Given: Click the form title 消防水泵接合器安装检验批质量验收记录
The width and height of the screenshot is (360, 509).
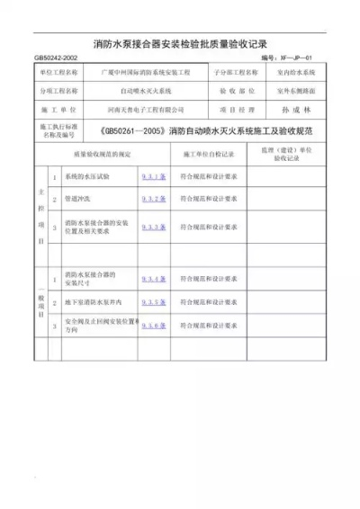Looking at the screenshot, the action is click(180, 44).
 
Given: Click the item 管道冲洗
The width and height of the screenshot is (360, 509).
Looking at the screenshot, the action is click(78, 199).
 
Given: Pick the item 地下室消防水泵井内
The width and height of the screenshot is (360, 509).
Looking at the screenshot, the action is click(92, 303).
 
